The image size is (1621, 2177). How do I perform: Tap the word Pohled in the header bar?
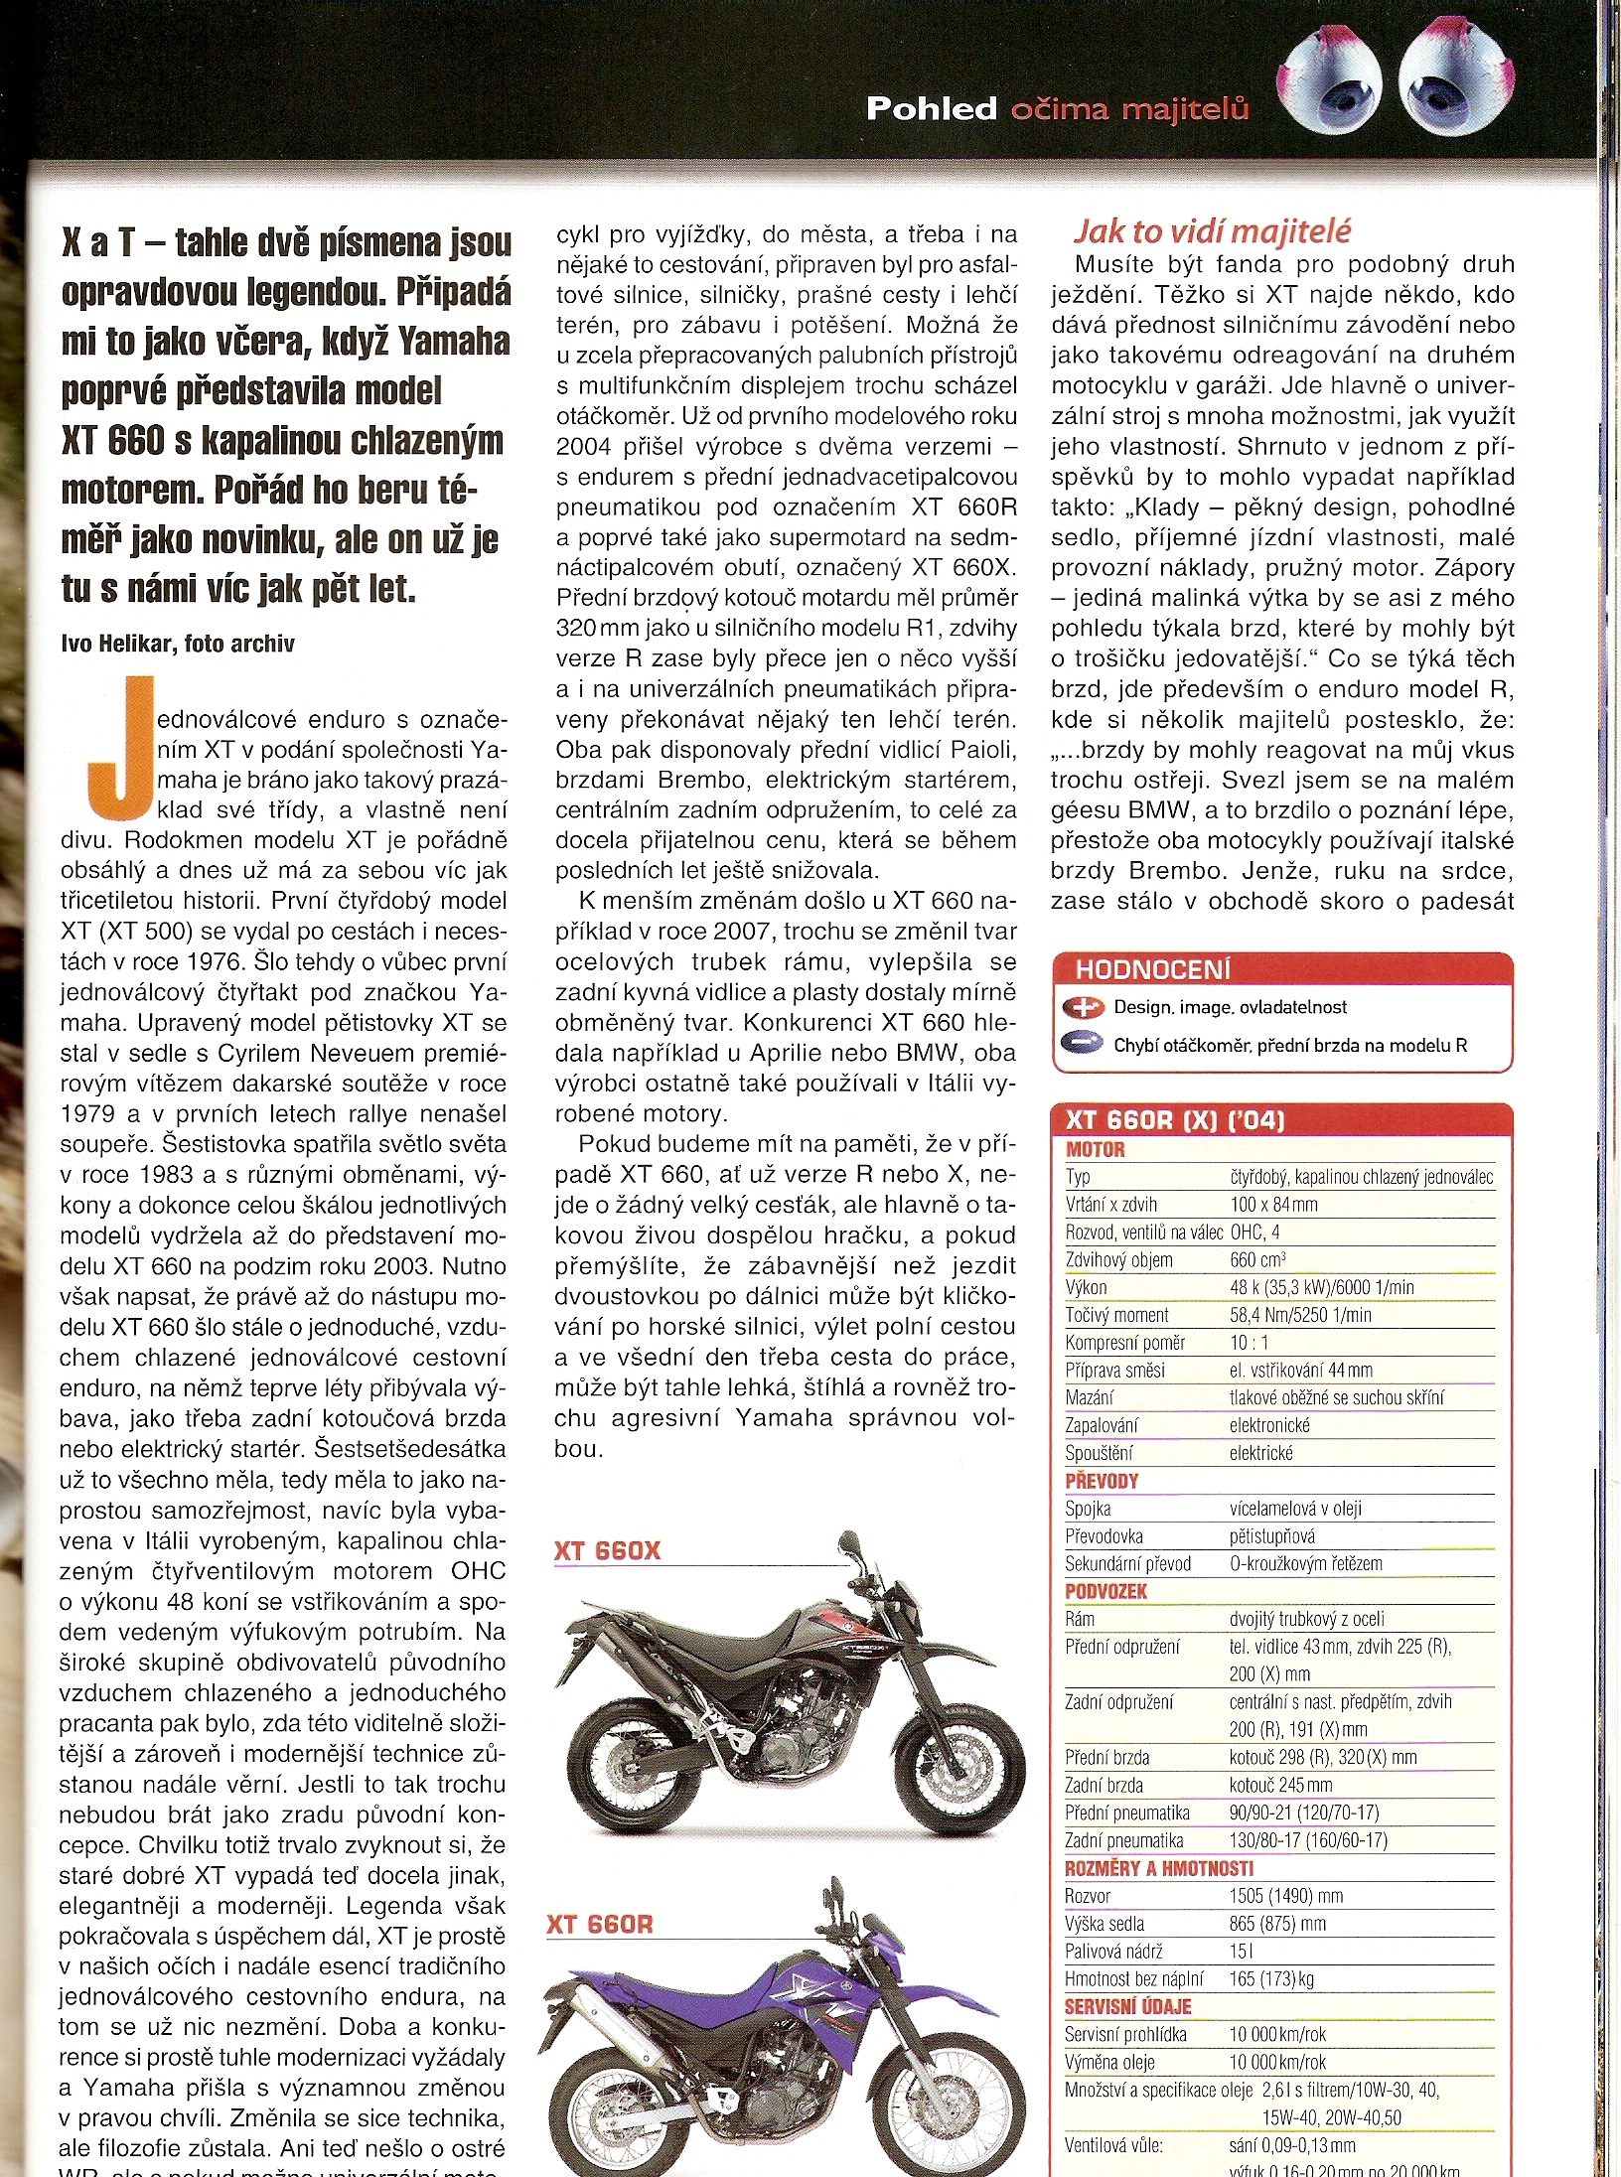click(931, 108)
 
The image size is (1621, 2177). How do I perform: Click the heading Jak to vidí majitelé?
click(1212, 230)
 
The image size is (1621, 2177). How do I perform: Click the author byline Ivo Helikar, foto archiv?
click(178, 644)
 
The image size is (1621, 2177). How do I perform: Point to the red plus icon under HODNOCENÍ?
click(1083, 1007)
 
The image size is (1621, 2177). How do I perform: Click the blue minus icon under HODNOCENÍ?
click(1083, 1044)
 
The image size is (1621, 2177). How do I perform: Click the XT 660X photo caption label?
click(607, 1550)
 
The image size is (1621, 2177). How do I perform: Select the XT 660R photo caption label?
click(600, 1924)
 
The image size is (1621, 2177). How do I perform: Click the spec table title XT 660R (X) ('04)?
click(1175, 1120)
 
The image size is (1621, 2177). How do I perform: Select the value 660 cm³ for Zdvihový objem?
click(1257, 1259)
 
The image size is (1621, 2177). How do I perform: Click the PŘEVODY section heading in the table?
click(1102, 1481)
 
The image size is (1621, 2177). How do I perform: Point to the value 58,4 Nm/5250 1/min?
click(1300, 1315)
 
